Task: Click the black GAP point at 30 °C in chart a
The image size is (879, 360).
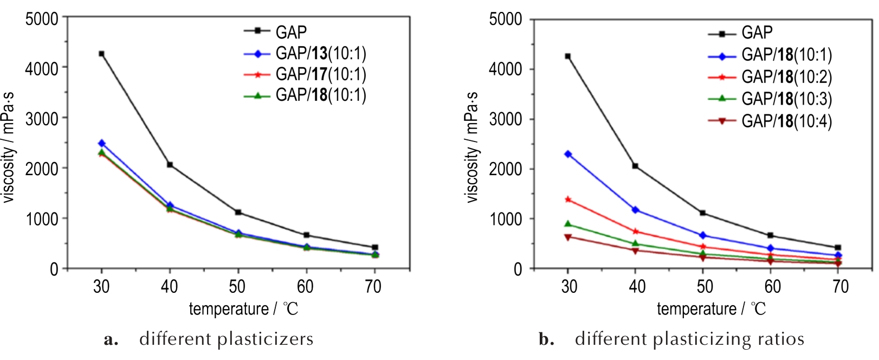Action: [x=101, y=54]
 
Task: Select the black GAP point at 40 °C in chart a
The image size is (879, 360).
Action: [x=170, y=164]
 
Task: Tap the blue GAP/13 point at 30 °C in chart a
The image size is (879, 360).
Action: [x=101, y=143]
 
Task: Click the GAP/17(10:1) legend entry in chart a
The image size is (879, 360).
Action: [x=320, y=74]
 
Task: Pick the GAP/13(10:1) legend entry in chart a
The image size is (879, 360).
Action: [x=320, y=53]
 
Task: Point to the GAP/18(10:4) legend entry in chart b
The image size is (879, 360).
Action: [x=786, y=120]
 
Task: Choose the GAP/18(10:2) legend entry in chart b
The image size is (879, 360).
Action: [x=786, y=77]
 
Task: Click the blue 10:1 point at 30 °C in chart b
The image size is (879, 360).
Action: [x=568, y=154]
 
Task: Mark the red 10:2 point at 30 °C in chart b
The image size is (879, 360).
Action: [x=568, y=200]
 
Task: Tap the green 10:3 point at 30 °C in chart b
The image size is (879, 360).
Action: [x=568, y=224]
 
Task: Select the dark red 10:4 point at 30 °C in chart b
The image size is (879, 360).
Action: [x=568, y=237]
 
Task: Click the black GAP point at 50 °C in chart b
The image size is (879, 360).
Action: [x=703, y=213]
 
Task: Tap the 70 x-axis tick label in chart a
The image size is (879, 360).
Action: [x=373, y=286]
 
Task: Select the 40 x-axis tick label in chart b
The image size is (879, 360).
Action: [x=637, y=286]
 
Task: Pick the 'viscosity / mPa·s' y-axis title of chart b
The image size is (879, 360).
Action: [x=472, y=147]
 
